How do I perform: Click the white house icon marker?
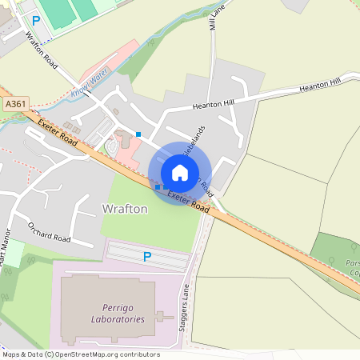click(180, 172)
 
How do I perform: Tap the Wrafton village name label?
click(125, 209)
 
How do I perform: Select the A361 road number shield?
click(14, 104)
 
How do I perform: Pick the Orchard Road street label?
click(50, 231)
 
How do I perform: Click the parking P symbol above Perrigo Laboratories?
click(146, 257)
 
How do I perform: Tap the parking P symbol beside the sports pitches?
click(36, 20)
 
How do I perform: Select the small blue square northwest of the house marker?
click(138, 134)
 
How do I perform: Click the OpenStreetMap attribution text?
click(80, 354)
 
